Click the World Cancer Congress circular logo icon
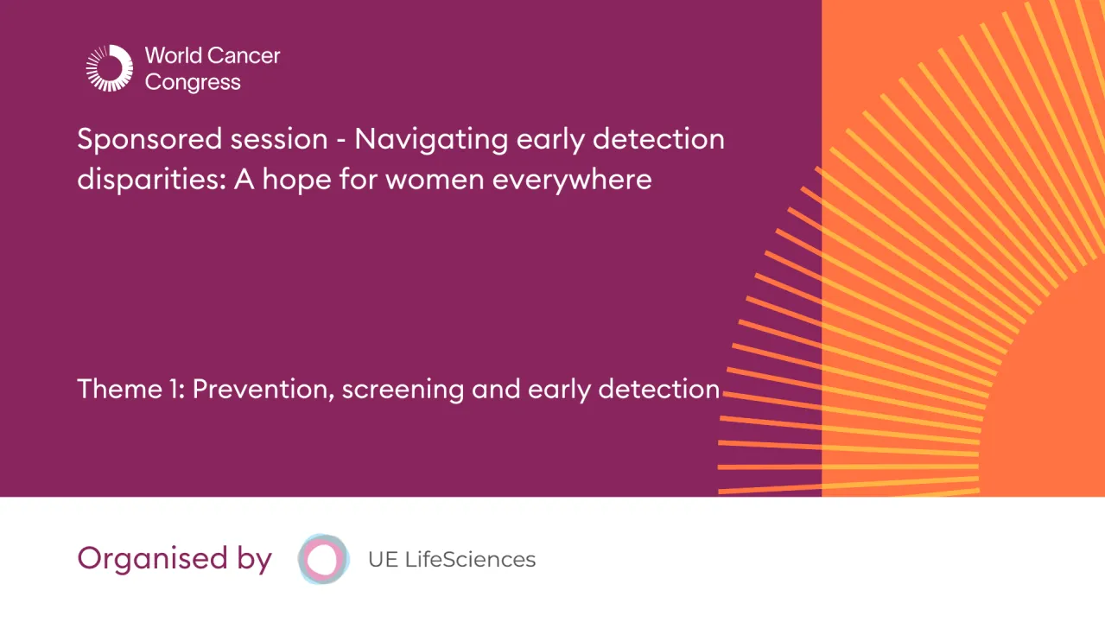pos(109,68)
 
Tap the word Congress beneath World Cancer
pos(193,83)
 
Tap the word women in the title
pos(488,180)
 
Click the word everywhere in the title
pos(599,180)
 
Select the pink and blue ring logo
pos(323,559)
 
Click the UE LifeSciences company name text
pos(452,559)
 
